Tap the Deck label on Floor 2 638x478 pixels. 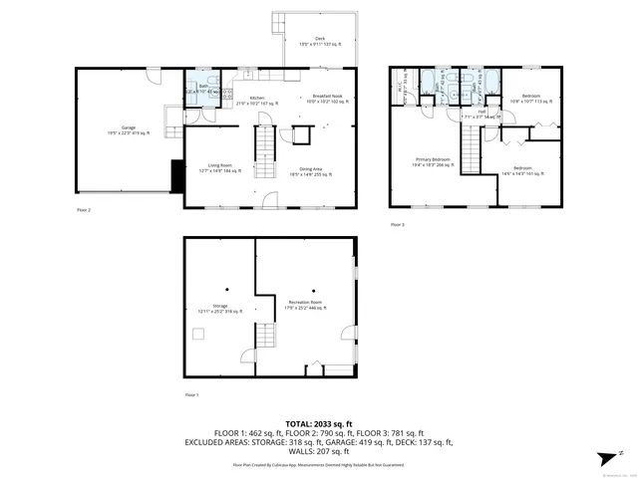[x=320, y=41]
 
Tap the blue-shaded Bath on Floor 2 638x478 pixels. [x=203, y=89]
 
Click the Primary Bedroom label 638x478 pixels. [x=434, y=161]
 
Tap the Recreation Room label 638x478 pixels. [x=305, y=304]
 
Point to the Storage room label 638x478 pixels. [x=219, y=308]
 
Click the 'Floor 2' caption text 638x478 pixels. [x=83, y=211]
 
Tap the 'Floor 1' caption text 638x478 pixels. [x=191, y=395]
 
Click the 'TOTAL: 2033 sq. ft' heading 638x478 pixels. [x=319, y=423]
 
